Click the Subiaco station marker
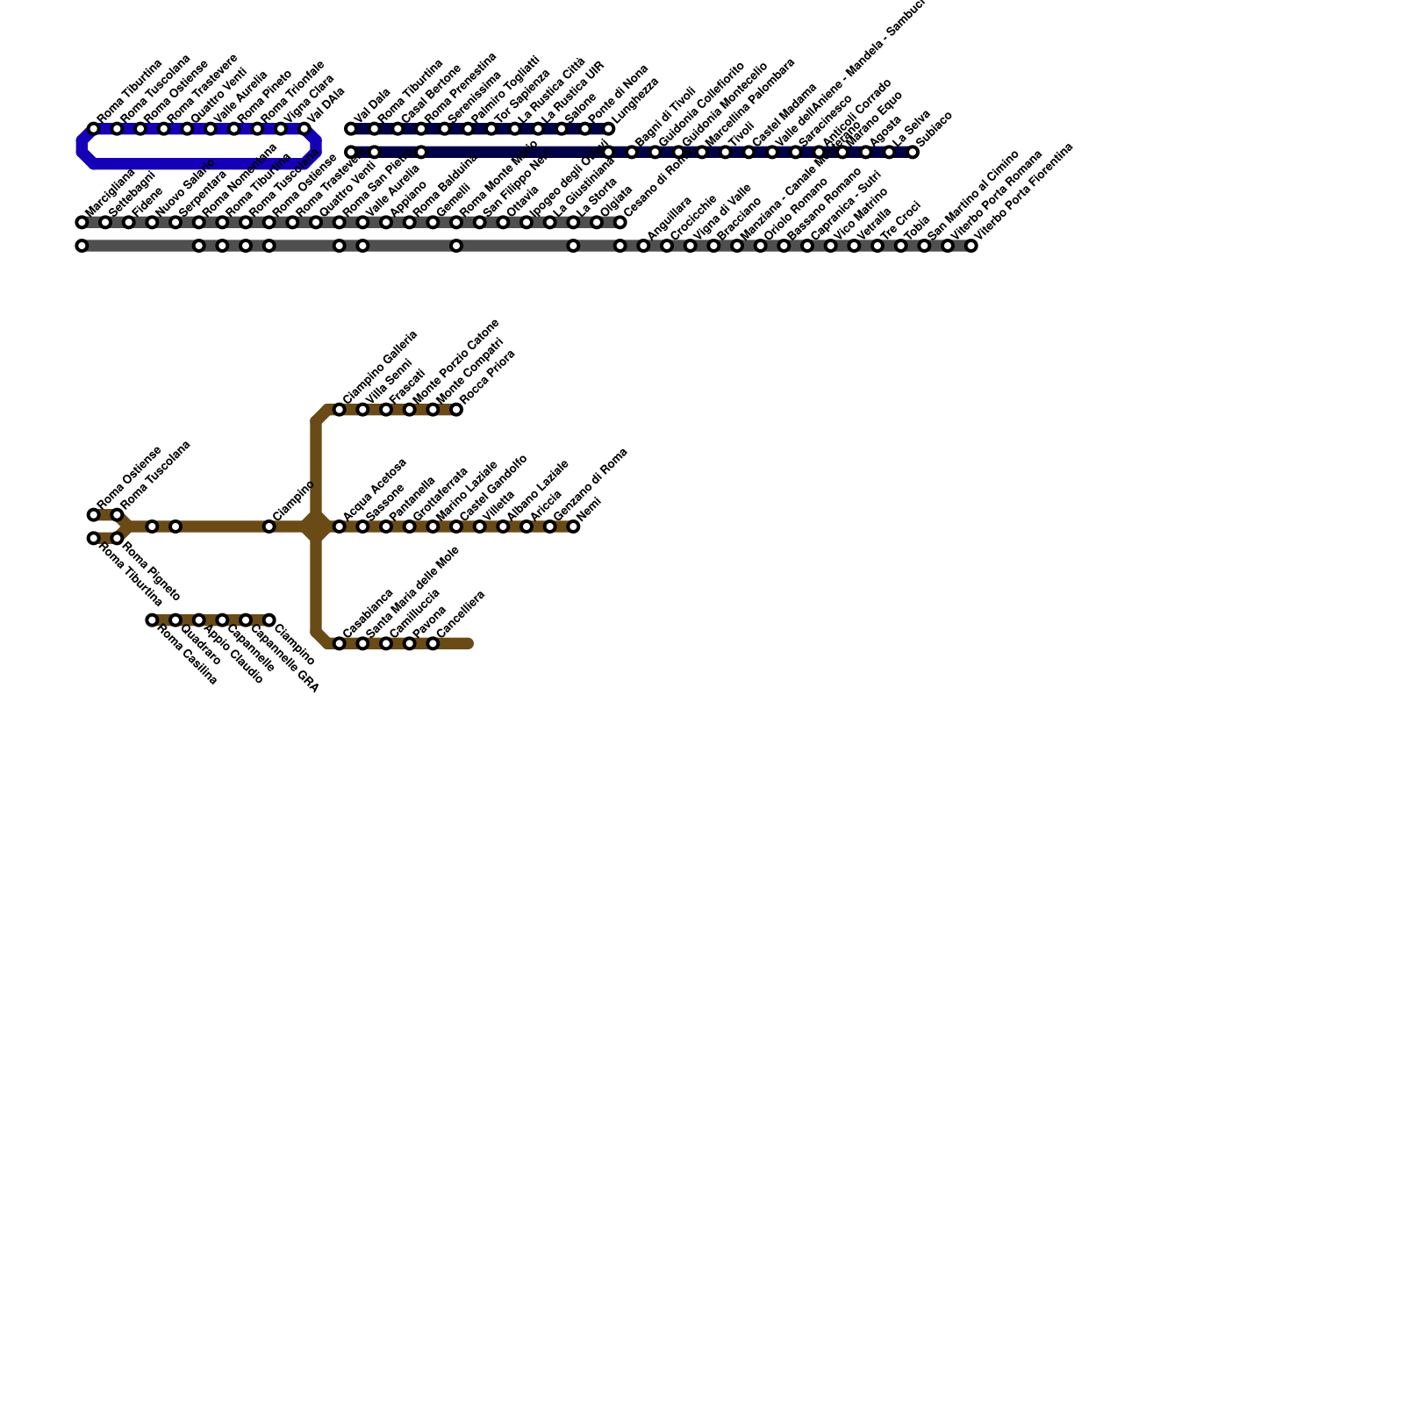[913, 153]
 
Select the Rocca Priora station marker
[456, 410]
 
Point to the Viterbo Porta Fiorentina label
[1024, 192]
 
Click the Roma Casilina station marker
[152, 620]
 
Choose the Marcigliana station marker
[82, 223]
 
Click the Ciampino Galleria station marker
[340, 410]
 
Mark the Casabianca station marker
[340, 644]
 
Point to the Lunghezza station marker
[608, 129]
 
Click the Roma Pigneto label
[151, 570]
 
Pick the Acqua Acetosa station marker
[340, 526]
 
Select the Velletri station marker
[480, 526]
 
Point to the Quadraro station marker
[175, 620]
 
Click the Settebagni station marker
[105, 223]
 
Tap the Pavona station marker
[410, 644]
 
